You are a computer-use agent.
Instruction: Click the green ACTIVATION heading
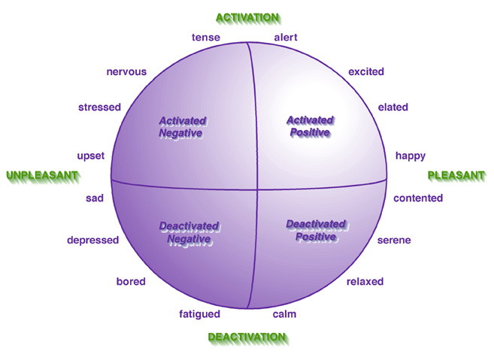pyautogui.click(x=247, y=17)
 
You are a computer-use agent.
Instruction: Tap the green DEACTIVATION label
pyautogui.click(x=247, y=337)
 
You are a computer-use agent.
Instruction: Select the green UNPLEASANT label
pyautogui.click(x=42, y=175)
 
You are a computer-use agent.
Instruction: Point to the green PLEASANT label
pyautogui.click(x=456, y=175)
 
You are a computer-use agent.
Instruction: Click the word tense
pyautogui.click(x=205, y=37)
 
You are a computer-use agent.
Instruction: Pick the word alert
pyautogui.click(x=286, y=37)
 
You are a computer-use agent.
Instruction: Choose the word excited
pyautogui.click(x=366, y=72)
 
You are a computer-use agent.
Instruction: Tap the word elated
pyautogui.click(x=392, y=107)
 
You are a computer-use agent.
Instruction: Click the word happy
pyautogui.click(x=411, y=156)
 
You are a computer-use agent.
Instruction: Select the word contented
pyautogui.click(x=418, y=198)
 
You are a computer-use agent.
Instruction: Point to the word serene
pyautogui.click(x=394, y=241)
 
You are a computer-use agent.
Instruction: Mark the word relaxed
pyautogui.click(x=365, y=282)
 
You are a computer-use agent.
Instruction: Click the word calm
pyautogui.click(x=283, y=314)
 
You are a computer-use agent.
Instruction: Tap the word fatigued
pyautogui.click(x=200, y=314)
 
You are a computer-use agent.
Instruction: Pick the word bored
pyautogui.click(x=131, y=282)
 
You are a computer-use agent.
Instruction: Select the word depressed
pyautogui.click(x=93, y=241)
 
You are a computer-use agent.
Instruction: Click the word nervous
pyautogui.click(x=126, y=72)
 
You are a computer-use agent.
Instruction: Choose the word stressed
pyautogui.click(x=99, y=107)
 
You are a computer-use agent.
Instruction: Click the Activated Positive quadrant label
pyautogui.click(x=310, y=126)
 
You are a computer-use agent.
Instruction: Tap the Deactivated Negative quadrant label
pyautogui.click(x=189, y=232)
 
